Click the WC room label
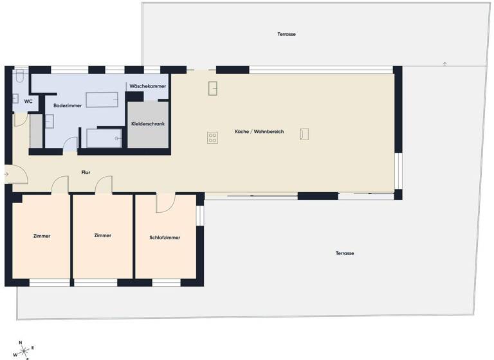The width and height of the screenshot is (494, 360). [28, 102]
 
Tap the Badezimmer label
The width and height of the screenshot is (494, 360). [66, 105]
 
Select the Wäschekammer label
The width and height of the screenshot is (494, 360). [147, 86]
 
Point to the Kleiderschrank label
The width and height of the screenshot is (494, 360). [147, 123]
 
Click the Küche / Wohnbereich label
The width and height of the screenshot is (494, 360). [259, 132]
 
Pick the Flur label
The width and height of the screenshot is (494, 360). [86, 172]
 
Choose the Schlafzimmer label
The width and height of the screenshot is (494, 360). [165, 237]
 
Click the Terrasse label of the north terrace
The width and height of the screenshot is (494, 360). [286, 33]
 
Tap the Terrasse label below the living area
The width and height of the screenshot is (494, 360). [345, 253]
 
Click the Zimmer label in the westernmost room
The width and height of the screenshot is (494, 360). [41, 236]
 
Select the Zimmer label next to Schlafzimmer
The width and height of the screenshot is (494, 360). [102, 235]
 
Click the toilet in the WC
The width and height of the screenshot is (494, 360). [20, 78]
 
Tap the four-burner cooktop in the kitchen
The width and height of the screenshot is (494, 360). [213, 137]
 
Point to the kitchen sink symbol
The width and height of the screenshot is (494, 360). [213, 89]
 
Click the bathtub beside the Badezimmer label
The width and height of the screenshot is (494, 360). [102, 100]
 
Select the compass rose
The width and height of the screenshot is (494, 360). [24, 350]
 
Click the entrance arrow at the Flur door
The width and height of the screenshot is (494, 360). [6, 174]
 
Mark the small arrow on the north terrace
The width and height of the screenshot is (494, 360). [444, 64]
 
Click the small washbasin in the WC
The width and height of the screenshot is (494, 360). [15, 98]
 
